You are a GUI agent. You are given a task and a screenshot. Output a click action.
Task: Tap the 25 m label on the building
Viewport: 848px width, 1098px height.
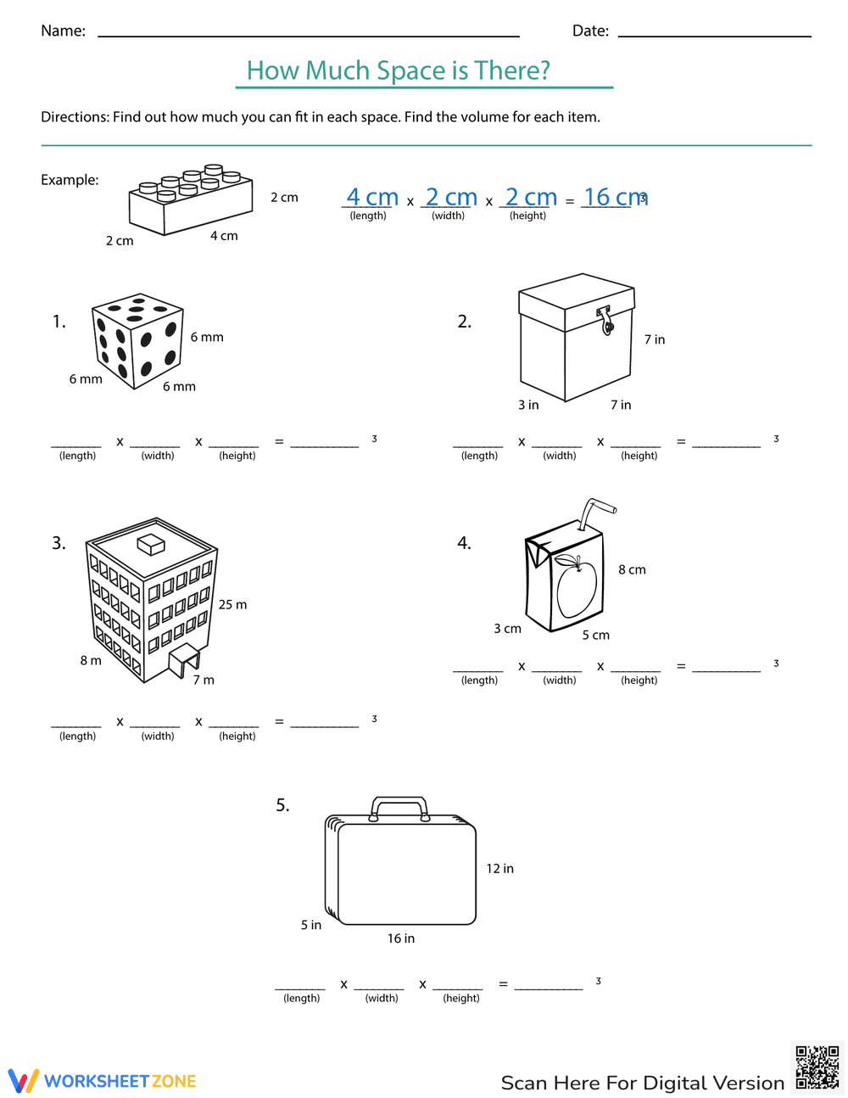tap(232, 605)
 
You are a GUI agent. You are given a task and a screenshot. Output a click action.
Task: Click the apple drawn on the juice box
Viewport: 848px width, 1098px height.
tap(577, 586)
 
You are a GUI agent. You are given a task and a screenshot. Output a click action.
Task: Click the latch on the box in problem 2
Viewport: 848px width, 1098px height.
tap(605, 320)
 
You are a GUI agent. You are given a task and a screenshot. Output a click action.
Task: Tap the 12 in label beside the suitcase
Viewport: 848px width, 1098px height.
tap(499, 869)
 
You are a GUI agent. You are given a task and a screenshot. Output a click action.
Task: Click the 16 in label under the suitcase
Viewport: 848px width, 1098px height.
tap(401, 938)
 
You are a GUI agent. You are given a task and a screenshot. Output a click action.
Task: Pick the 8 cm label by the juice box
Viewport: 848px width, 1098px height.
tap(632, 569)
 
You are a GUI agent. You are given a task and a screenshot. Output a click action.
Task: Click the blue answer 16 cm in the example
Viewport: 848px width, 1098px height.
tap(614, 198)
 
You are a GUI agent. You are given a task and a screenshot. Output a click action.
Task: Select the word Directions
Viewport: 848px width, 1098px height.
tap(75, 117)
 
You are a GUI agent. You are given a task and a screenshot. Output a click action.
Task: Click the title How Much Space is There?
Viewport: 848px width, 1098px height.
tap(399, 70)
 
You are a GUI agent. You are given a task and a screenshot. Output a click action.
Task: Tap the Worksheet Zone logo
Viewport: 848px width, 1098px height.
tap(103, 1081)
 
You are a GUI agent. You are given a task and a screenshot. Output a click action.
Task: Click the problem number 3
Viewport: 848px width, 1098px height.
tap(59, 543)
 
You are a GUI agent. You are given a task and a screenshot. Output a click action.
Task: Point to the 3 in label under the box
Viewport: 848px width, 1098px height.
tap(528, 405)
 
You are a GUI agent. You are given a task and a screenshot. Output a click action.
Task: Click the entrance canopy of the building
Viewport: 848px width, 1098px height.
tap(185, 658)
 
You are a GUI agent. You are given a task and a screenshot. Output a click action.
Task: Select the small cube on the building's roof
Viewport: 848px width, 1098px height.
tap(150, 543)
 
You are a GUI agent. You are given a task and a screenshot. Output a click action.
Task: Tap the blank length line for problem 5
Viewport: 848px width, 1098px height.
tap(300, 984)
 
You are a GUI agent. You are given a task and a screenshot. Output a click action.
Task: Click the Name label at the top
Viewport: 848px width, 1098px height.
tap(63, 31)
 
